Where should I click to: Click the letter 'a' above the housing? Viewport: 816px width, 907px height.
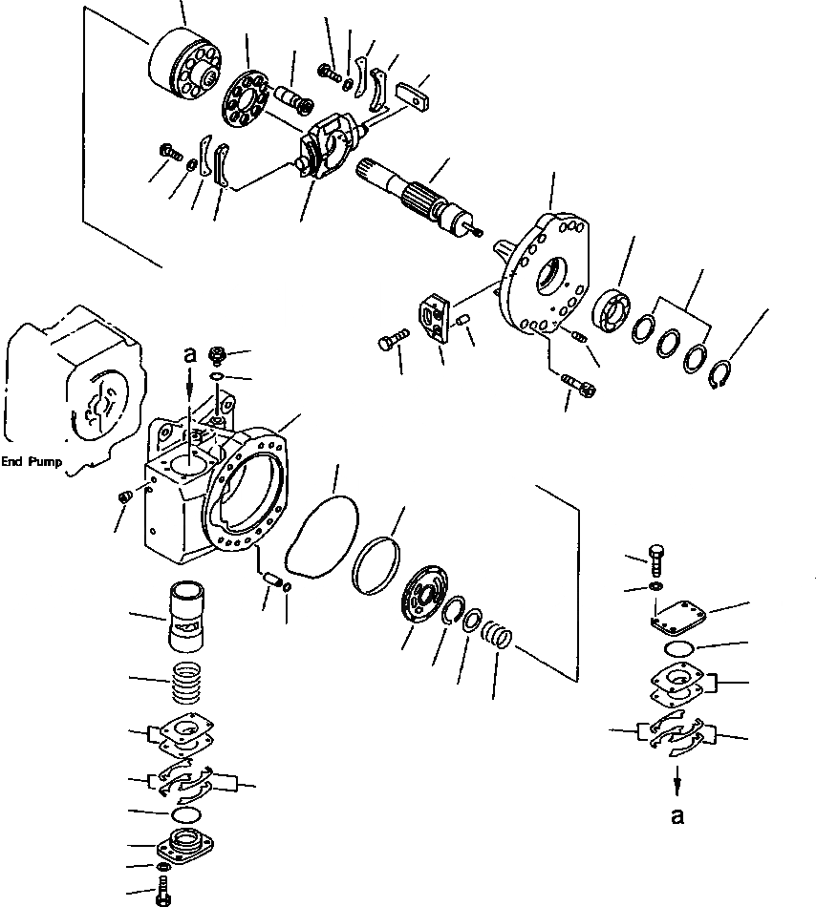click(189, 355)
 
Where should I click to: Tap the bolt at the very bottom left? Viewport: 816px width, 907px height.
click(162, 895)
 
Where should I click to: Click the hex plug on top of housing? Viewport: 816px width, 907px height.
click(216, 356)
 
